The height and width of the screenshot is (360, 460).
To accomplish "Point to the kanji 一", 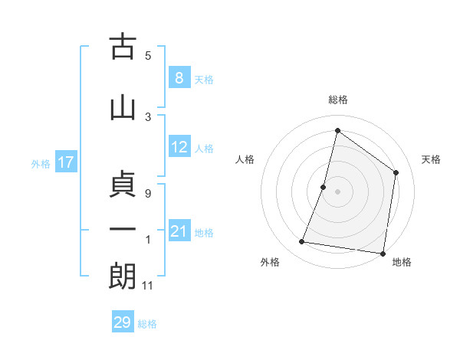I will click(123, 230).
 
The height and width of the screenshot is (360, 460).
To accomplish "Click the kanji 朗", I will click(123, 276).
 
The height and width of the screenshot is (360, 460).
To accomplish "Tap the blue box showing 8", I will click(179, 77).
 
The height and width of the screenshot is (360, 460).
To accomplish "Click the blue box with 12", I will click(179, 147).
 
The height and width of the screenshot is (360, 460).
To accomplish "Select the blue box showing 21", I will click(179, 231).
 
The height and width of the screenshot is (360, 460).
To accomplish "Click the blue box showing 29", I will click(123, 322).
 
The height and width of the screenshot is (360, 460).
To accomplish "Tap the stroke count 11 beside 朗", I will click(148, 286).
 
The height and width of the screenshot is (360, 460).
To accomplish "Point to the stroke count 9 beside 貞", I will click(148, 194).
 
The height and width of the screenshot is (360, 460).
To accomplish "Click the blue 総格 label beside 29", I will click(147, 324).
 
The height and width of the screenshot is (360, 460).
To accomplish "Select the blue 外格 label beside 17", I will click(40, 163).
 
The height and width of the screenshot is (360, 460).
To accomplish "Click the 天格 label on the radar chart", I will click(431, 159).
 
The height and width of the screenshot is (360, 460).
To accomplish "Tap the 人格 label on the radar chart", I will click(245, 159).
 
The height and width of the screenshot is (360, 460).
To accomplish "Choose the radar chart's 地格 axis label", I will click(402, 263).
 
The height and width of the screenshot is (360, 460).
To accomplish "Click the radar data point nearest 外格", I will click(302, 242).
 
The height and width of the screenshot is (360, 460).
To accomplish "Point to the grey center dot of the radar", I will click(337, 191).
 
